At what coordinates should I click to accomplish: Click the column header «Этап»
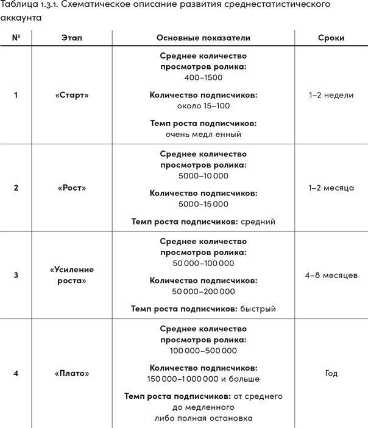[72, 38]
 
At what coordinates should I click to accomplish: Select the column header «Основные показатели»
[203, 38]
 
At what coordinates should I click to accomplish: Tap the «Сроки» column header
[331, 38]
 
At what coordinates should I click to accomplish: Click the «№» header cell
[16, 38]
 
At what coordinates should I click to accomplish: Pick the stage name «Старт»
[72, 95]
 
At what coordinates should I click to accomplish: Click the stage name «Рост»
[72, 188]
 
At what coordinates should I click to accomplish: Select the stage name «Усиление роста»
[72, 275]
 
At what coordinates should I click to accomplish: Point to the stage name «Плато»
[72, 373]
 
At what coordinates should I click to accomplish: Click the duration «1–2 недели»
[331, 95]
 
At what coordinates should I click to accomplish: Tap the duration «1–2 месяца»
[331, 188]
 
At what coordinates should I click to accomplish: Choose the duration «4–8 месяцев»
[331, 275]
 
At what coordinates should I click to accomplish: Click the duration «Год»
[331, 373]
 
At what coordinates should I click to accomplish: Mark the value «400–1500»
[203, 78]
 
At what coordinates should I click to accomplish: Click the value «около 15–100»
[203, 106]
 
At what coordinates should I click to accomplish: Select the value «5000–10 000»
[203, 176]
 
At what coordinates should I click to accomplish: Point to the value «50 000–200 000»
[203, 292]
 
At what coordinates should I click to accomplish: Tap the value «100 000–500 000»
[203, 351]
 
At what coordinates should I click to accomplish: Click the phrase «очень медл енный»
[203, 134]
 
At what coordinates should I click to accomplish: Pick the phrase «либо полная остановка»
[203, 418]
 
